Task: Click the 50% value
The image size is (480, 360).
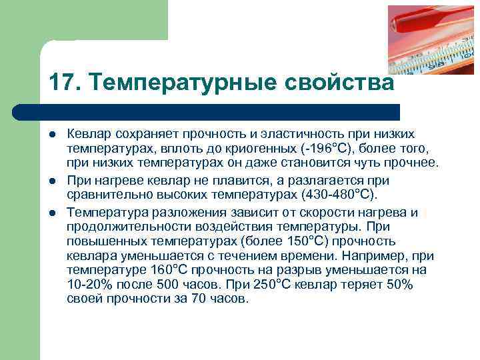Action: (399, 285)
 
